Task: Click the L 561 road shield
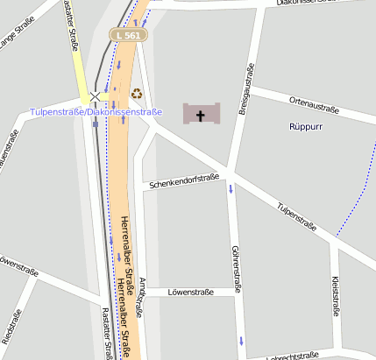pos(129,35)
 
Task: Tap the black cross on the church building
pos(201,115)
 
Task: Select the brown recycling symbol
pos(136,93)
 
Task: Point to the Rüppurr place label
pos(307,127)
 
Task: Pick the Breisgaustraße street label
pos(249,87)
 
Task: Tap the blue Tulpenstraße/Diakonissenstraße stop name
pos(96,112)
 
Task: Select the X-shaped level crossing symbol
pos(95,96)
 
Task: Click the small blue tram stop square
pos(96,124)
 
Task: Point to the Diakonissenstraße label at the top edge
pos(307,3)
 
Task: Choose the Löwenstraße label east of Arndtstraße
pos(191,293)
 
